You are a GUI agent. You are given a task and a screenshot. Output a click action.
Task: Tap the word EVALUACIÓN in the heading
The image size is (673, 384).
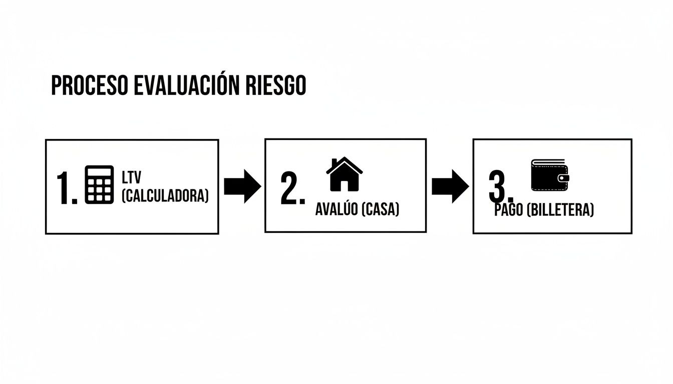coord(183,86)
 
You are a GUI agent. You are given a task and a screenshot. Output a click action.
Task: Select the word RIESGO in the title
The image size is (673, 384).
coord(276,86)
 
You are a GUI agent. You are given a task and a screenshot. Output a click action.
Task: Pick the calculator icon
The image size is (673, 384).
coord(99,184)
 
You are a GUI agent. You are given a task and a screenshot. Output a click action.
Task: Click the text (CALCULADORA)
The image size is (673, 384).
coord(165,195)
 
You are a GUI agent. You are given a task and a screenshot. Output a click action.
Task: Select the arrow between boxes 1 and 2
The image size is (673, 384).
coord(242,186)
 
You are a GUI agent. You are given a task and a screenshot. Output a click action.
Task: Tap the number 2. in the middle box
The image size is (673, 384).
coord(292,189)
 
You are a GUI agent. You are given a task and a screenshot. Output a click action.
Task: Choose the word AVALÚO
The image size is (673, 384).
coord(336,209)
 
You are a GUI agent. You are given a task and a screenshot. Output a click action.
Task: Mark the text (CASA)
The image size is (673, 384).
coord(380,209)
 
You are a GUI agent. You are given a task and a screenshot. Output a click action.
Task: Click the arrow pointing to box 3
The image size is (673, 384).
coord(450,186)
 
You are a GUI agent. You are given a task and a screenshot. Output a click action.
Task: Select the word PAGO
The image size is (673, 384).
coord(509,210)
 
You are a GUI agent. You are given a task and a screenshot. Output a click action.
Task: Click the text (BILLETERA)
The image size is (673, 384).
coord(560,210)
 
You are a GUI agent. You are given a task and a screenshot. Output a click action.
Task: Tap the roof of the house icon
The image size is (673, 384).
coord(345,164)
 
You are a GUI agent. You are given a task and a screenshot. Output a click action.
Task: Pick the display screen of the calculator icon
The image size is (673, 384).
coord(99,171)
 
